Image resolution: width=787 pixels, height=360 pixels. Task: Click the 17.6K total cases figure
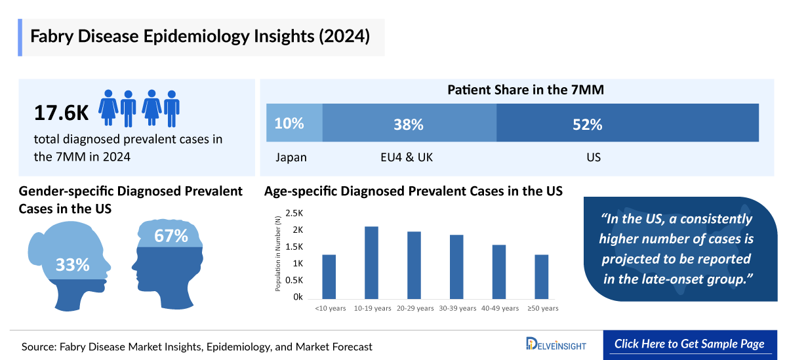61,113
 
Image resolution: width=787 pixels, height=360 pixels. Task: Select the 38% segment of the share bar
409,123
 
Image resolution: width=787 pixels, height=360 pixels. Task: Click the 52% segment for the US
627,123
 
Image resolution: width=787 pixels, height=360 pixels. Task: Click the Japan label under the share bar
291,157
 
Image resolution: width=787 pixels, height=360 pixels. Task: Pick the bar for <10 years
329,275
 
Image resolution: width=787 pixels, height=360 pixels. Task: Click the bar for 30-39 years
456,266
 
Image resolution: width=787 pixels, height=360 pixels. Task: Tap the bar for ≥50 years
542,275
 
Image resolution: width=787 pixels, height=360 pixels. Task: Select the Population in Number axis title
278,254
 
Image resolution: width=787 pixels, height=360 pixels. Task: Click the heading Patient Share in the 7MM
525,90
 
